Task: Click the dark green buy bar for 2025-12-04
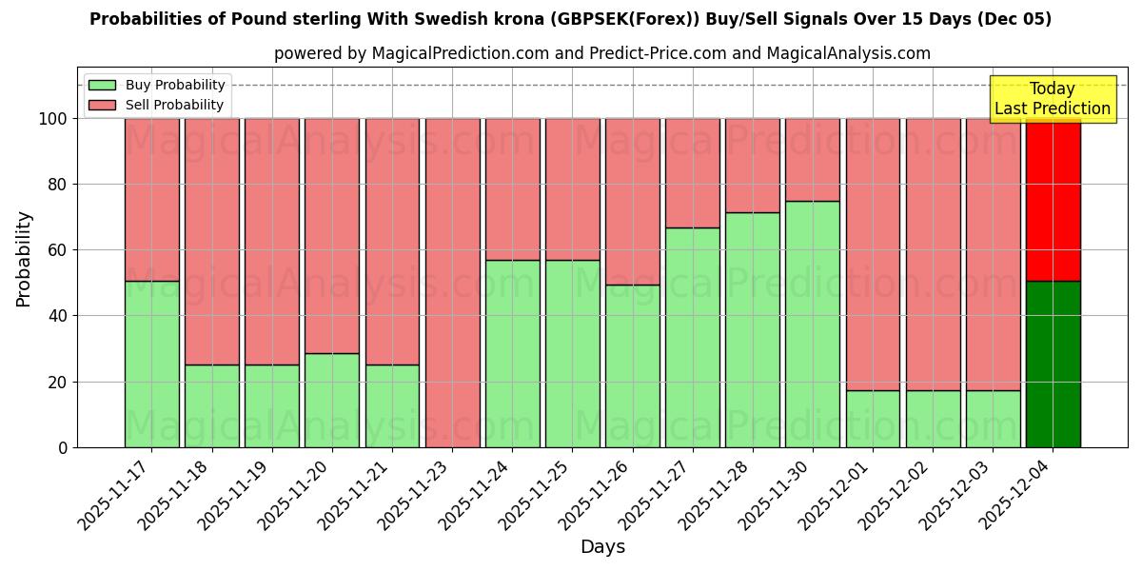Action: pos(1053,364)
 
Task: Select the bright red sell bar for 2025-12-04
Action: pos(1053,200)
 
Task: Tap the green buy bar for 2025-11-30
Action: pos(813,324)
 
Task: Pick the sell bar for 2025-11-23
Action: pos(452,283)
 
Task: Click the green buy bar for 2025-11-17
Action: pos(151,364)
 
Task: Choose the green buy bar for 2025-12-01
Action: pos(873,419)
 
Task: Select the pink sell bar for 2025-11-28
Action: pos(753,166)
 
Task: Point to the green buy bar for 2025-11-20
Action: pos(332,400)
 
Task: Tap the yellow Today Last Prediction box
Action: pos(1052,99)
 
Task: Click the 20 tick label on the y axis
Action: pos(58,382)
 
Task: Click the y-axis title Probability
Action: pos(24,259)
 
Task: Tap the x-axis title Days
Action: pos(602,547)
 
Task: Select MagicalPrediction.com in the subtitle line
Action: pos(457,53)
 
